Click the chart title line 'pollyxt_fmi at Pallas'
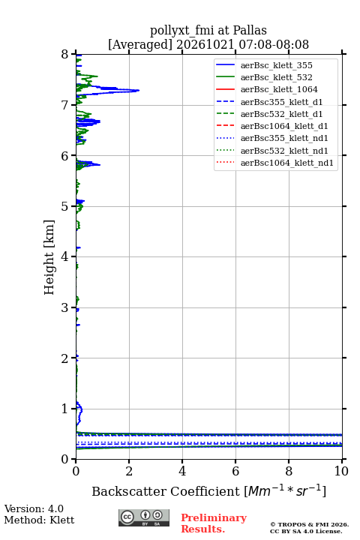click(208, 31)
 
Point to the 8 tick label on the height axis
click(65, 55)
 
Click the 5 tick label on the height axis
click(65, 206)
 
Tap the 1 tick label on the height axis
click(65, 409)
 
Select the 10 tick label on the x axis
click(341, 471)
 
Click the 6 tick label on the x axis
click(235, 471)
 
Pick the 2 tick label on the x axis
click(129, 471)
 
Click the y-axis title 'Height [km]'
click(49, 257)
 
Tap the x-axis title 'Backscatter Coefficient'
click(166, 491)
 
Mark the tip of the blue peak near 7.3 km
click(139, 91)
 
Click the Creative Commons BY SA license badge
click(144, 517)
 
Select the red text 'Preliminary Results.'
click(214, 523)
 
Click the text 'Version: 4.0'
click(34, 508)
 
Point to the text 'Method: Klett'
click(39, 520)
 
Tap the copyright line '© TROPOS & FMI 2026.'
click(309, 524)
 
